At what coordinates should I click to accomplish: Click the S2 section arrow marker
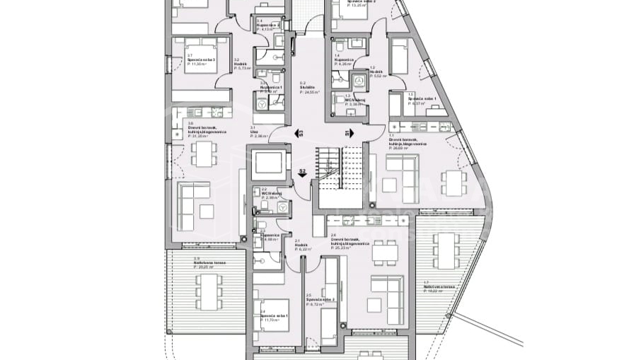[x=302, y=173]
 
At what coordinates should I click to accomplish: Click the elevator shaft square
[x=268, y=163]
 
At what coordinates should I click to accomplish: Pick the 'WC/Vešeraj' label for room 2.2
[x=272, y=194]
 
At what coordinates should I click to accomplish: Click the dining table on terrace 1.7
[x=446, y=250]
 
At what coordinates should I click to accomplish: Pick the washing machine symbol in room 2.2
[x=282, y=207]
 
